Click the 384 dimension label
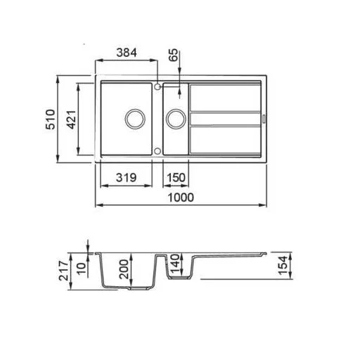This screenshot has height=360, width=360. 127,53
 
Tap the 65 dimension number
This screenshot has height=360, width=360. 174,55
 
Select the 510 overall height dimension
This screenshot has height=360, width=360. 51,120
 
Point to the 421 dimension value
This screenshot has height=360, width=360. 72,120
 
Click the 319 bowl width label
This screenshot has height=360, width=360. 126,178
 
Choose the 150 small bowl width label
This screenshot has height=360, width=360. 176,178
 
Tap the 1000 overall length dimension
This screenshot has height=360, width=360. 181,198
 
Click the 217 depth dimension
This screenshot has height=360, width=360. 64,271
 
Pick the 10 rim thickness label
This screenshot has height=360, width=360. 82,269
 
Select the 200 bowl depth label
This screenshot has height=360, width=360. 124,269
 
